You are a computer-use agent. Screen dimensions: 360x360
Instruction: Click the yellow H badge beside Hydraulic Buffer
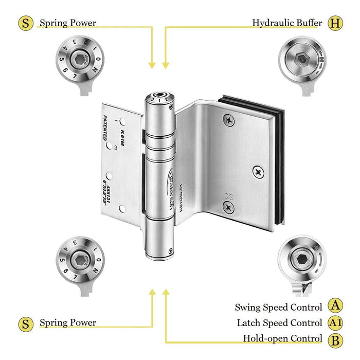[336, 23]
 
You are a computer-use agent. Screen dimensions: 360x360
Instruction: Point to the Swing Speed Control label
[278, 307]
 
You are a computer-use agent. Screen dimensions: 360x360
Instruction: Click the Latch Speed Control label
[279, 323]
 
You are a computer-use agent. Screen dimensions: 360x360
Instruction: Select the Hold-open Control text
[283, 339]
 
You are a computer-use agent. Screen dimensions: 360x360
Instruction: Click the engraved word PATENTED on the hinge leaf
[105, 128]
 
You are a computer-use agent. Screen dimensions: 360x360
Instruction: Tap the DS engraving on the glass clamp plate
[228, 195]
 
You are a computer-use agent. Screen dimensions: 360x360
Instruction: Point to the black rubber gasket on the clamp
[280, 154]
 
